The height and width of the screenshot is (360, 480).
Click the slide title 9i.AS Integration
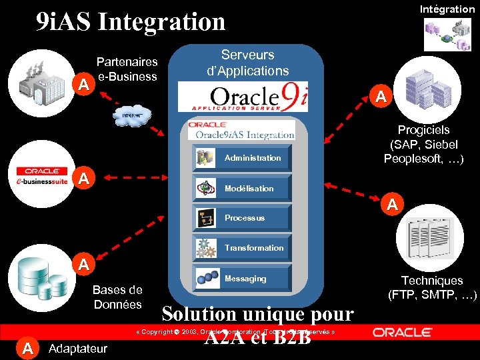131,21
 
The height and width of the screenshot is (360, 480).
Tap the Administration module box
242,157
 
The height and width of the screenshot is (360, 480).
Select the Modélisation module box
242,188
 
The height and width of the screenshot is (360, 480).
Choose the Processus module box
242,217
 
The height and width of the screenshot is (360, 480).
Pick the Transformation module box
242,247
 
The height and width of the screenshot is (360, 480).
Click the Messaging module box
242,278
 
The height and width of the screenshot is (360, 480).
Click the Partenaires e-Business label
127,69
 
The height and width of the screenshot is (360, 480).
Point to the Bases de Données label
117,297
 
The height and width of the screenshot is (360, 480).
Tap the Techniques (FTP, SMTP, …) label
432,287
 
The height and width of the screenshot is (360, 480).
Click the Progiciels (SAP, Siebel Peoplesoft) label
423,144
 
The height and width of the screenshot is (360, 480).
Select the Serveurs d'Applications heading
247,62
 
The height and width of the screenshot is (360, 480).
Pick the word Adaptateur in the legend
78,348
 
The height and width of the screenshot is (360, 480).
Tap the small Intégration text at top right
447,9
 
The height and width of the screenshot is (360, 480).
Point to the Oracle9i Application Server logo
249,97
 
